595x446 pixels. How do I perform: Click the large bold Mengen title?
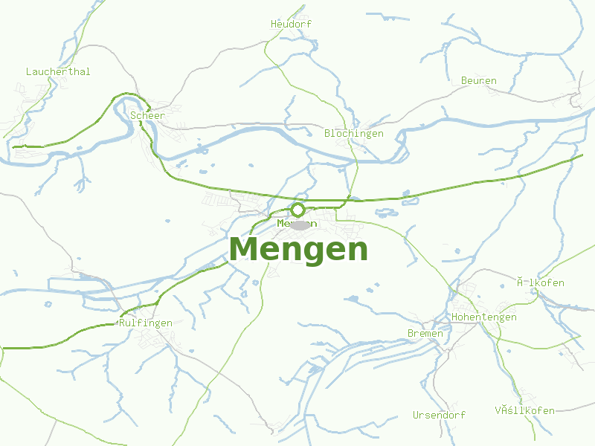(x=298, y=249)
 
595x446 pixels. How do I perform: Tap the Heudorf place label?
(x=291, y=25)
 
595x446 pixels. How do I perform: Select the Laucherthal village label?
(x=58, y=72)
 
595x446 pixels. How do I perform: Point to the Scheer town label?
(x=147, y=116)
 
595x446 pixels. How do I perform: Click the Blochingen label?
(x=354, y=134)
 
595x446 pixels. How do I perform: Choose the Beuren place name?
(x=479, y=81)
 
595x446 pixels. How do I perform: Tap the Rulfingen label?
(x=146, y=323)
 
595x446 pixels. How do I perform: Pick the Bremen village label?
(x=425, y=334)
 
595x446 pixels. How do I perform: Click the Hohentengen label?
(x=484, y=317)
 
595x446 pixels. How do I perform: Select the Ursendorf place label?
(x=440, y=416)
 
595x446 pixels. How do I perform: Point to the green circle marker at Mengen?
(x=298, y=210)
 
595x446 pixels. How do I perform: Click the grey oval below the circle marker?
(x=300, y=224)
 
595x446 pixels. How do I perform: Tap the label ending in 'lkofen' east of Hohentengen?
(x=541, y=283)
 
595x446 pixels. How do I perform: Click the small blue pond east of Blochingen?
(x=407, y=195)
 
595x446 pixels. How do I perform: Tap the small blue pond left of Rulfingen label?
(x=48, y=304)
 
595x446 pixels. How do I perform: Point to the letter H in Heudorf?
(x=274, y=25)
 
